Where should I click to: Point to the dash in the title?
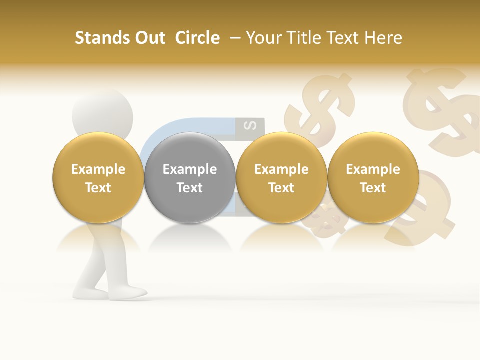pos(236,38)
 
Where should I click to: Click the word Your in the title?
pos(263,38)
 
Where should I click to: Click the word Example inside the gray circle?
pos(190,169)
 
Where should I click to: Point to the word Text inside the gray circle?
pos(190,188)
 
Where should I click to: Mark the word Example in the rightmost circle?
pos(373,169)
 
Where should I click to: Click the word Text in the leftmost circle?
pos(98,188)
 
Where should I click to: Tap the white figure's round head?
pos(102,112)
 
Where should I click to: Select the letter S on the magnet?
pos(253,125)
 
